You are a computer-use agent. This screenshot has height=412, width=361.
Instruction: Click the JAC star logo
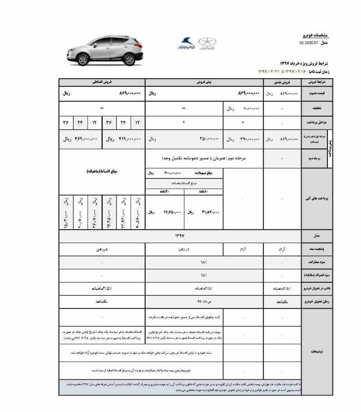pyautogui.click(x=207, y=43)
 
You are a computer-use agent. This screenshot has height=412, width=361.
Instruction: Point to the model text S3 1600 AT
pyautogui.click(x=309, y=43)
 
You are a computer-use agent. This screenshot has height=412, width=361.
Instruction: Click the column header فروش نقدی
pyautogui.click(x=283, y=82)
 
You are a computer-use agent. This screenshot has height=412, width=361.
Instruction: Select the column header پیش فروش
pyautogui.click(x=205, y=82)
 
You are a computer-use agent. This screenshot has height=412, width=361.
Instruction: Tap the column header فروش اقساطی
pyautogui.click(x=102, y=82)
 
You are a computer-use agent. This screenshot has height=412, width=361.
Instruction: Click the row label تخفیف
pyautogui.click(x=317, y=108)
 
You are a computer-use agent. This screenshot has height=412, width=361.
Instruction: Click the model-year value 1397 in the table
pyautogui.click(x=180, y=236)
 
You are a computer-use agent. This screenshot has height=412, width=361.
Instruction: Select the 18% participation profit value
pyautogui.click(x=204, y=262)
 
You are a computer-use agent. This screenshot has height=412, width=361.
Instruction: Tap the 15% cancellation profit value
pyautogui.click(x=204, y=275)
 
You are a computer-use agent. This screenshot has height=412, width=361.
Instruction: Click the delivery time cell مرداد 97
pyautogui.click(x=204, y=302)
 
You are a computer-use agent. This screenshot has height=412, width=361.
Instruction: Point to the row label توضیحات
pyautogui.click(x=317, y=351)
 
